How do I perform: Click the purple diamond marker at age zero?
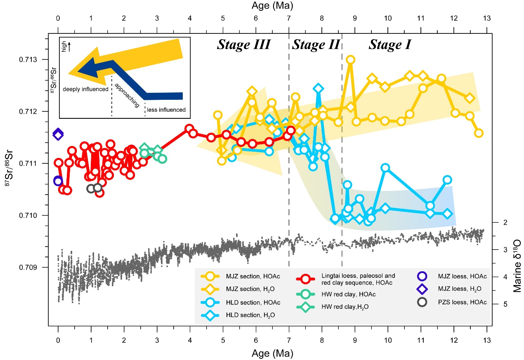click(x=58, y=134)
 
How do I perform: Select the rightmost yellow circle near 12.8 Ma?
click(x=479, y=133)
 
